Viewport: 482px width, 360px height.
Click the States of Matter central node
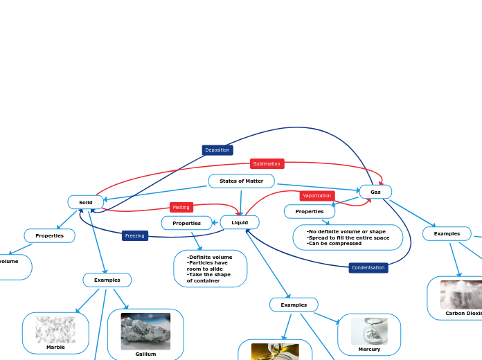[x=241, y=181]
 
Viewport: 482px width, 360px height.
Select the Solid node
[x=86, y=202]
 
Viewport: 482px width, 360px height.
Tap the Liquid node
[x=240, y=222]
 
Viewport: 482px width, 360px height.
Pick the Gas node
[x=375, y=192]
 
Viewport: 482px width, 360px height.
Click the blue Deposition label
[x=217, y=150]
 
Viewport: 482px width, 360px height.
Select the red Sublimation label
[x=267, y=164]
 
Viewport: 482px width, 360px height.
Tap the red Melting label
[x=181, y=207]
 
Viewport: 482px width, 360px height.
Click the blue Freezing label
[x=135, y=235]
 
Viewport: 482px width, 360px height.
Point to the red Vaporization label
[x=317, y=196]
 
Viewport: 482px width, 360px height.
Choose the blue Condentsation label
[x=368, y=268]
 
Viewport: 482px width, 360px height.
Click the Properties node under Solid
[x=50, y=235]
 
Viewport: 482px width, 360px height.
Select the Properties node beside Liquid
[x=187, y=223]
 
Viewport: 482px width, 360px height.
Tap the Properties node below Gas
[x=310, y=211]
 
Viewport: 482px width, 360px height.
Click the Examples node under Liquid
[x=294, y=305]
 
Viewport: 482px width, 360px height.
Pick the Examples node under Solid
[x=107, y=280]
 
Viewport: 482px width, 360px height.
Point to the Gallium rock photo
[x=145, y=331]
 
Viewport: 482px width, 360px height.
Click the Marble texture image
[x=55, y=330]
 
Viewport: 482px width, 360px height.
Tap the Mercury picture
[x=369, y=331]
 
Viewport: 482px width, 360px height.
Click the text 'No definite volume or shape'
[x=347, y=231]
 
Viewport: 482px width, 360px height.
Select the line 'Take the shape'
[x=209, y=274]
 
